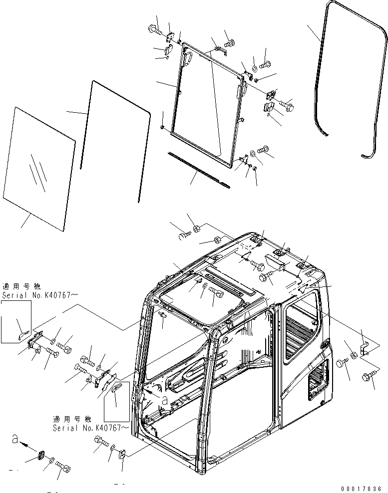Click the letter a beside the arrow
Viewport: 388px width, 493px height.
pyautogui.click(x=15, y=440)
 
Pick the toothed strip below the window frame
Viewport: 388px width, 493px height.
pyautogui.click(x=200, y=170)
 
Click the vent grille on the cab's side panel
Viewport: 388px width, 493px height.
pyautogui.click(x=318, y=381)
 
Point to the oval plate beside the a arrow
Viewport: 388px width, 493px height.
pyautogui.click(x=41, y=457)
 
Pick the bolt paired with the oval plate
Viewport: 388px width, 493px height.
pyautogui.click(x=63, y=468)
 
